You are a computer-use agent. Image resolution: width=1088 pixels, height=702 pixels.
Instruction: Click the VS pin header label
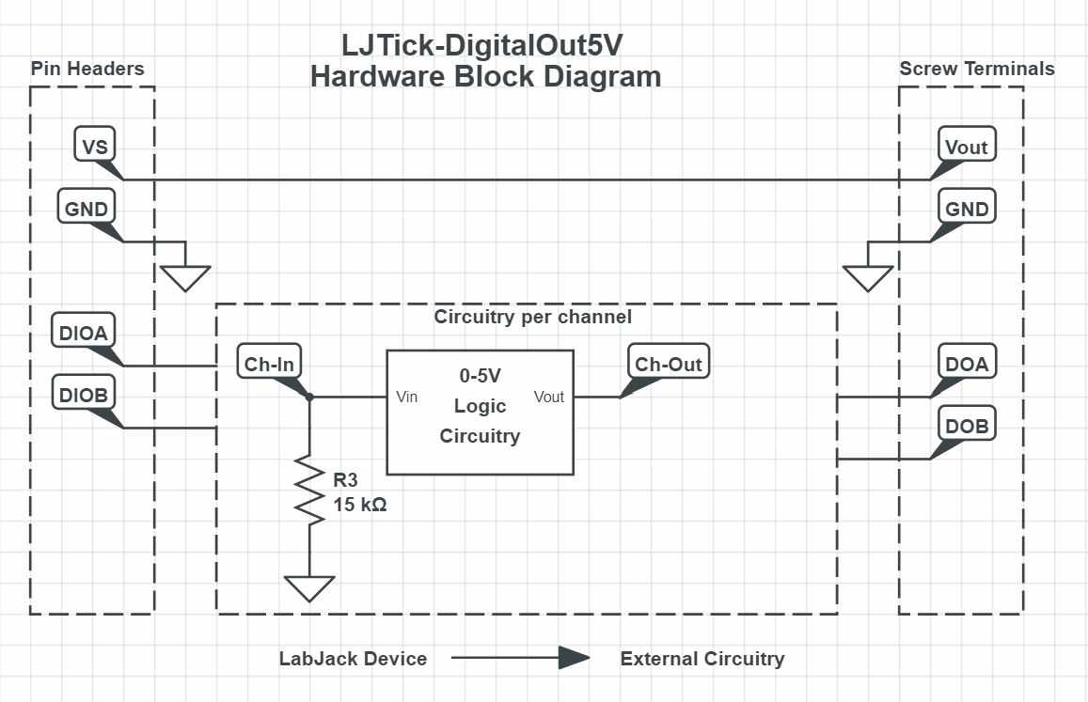click(95, 147)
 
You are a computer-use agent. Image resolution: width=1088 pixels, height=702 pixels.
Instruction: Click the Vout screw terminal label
click(966, 147)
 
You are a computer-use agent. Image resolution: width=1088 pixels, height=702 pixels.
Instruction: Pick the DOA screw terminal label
click(966, 363)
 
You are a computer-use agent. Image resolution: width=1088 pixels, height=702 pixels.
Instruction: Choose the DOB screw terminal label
click(966, 426)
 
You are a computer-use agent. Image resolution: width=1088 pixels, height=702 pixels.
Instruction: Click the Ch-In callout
click(269, 364)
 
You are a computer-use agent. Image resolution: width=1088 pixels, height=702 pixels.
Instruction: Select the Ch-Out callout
click(668, 364)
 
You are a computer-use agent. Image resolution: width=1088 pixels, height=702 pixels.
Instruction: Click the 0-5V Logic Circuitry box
click(480, 413)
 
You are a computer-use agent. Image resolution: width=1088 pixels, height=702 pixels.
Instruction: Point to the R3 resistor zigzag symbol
click(309, 489)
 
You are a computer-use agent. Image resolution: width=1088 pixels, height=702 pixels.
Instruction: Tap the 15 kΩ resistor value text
click(360, 505)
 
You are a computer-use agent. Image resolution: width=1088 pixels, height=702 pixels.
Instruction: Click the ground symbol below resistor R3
click(309, 587)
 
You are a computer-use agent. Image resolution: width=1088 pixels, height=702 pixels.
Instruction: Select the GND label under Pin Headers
click(87, 209)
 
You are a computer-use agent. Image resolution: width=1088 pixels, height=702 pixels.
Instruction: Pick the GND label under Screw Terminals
click(966, 209)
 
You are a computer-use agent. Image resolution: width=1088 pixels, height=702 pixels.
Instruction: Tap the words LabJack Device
click(353, 659)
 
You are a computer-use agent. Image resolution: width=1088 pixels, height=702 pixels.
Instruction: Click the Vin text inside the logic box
click(407, 397)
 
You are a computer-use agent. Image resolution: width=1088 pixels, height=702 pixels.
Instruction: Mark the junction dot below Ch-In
click(309, 398)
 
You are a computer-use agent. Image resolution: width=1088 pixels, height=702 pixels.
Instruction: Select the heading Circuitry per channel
click(532, 317)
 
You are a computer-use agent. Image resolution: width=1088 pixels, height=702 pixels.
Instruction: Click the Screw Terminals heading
click(976, 69)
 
